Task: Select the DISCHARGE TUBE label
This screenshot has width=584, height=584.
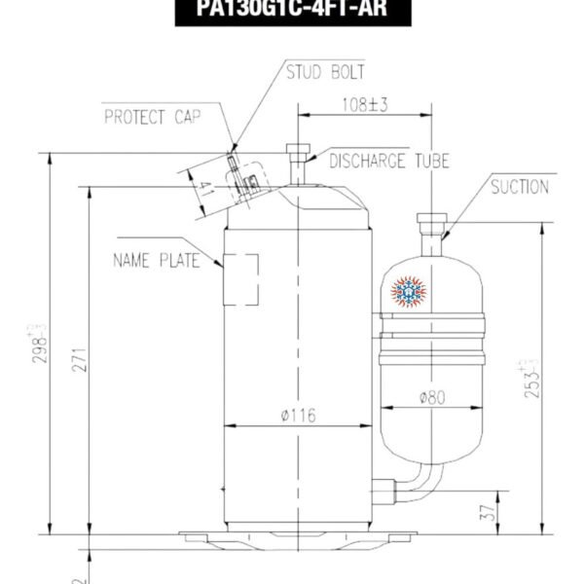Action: pyautogui.click(x=389, y=161)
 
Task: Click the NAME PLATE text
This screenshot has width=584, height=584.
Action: pyautogui.click(x=157, y=260)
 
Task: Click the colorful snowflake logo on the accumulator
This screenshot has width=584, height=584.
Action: pyautogui.click(x=410, y=289)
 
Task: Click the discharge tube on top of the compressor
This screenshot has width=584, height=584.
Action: pyautogui.click(x=296, y=165)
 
